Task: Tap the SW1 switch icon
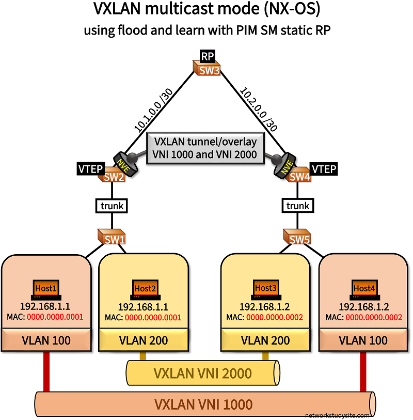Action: [x=113, y=238]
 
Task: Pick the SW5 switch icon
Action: [x=298, y=238]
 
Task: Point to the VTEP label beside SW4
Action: [x=324, y=168]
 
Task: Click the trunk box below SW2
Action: [x=113, y=206]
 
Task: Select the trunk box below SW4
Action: [x=298, y=206]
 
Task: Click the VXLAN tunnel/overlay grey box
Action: [x=206, y=148]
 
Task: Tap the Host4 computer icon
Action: [x=364, y=290]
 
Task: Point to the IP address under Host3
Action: [x=265, y=306]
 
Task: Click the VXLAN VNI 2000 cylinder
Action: [x=203, y=373]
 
